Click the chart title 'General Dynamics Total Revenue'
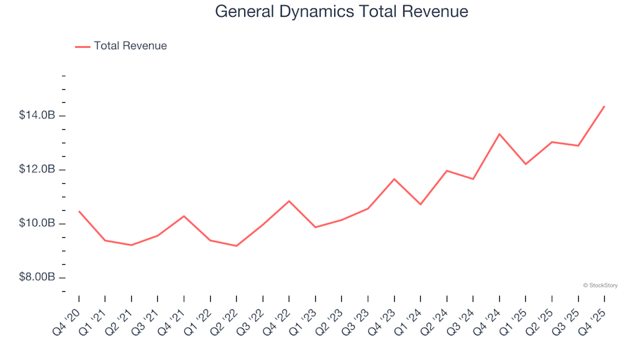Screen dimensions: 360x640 341,12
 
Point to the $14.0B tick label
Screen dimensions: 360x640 37,116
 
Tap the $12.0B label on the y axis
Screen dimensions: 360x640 37,169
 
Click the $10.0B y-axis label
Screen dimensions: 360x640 37,223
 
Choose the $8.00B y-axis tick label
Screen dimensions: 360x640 37,277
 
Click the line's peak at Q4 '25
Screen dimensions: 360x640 604,106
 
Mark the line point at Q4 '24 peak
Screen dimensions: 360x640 499,134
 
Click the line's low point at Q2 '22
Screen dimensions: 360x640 237,246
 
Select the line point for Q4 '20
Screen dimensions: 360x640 79,211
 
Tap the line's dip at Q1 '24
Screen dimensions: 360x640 421,204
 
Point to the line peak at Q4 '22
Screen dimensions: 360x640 289,201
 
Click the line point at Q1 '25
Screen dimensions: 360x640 525,164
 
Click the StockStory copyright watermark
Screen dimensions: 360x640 600,285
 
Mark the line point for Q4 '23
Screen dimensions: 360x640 394,179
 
